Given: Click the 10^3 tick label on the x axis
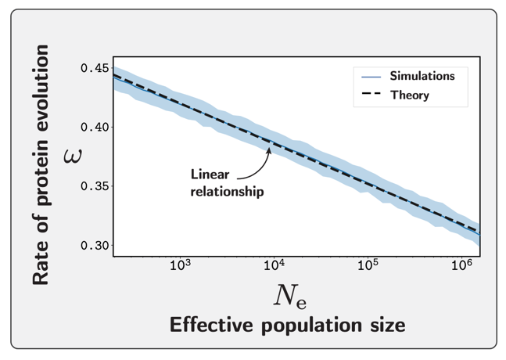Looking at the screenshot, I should (181, 266).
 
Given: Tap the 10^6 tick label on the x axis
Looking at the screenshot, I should (461, 266).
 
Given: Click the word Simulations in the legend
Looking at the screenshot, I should (422, 77).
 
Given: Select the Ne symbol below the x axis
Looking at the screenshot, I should (292, 295).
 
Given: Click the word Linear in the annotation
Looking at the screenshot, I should (210, 174).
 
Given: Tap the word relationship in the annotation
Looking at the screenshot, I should (227, 190).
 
